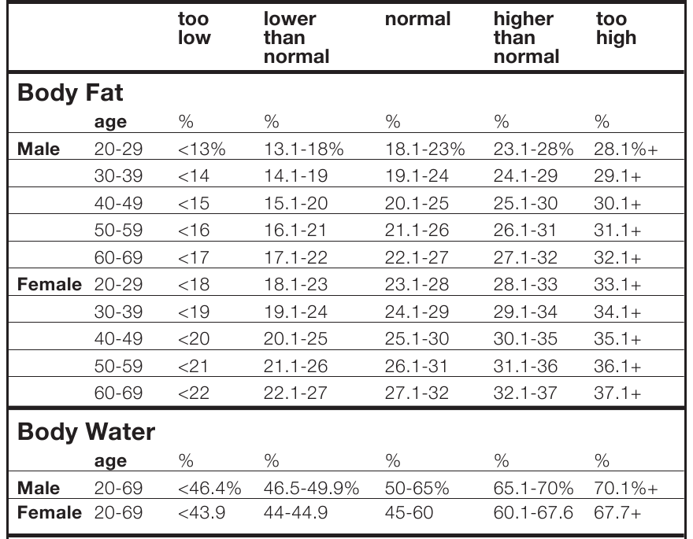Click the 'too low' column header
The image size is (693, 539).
195,29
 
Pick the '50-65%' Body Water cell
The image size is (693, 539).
417,489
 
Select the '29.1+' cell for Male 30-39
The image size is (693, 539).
618,176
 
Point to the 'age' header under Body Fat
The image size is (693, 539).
109,122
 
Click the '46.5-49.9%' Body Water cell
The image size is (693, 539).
310,489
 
